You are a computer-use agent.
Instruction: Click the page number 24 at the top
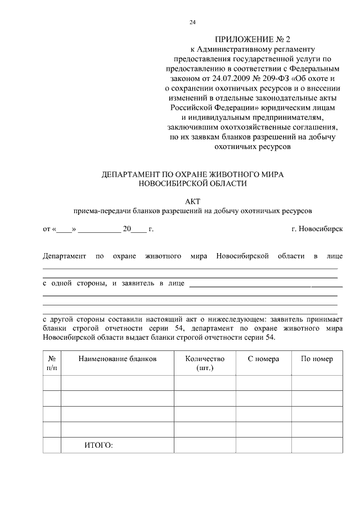[x=193, y=22]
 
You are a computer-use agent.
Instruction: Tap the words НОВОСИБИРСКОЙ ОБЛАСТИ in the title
[x=193, y=183]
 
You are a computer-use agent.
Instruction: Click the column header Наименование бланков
[x=117, y=359]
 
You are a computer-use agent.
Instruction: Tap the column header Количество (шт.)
[x=205, y=363]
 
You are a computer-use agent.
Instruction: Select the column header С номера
[x=263, y=359]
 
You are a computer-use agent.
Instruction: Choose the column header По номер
[x=317, y=359]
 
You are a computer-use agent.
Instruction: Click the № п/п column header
[x=52, y=363]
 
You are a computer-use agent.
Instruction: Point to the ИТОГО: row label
[x=98, y=445]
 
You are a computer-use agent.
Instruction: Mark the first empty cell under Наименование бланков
[x=117, y=383]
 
